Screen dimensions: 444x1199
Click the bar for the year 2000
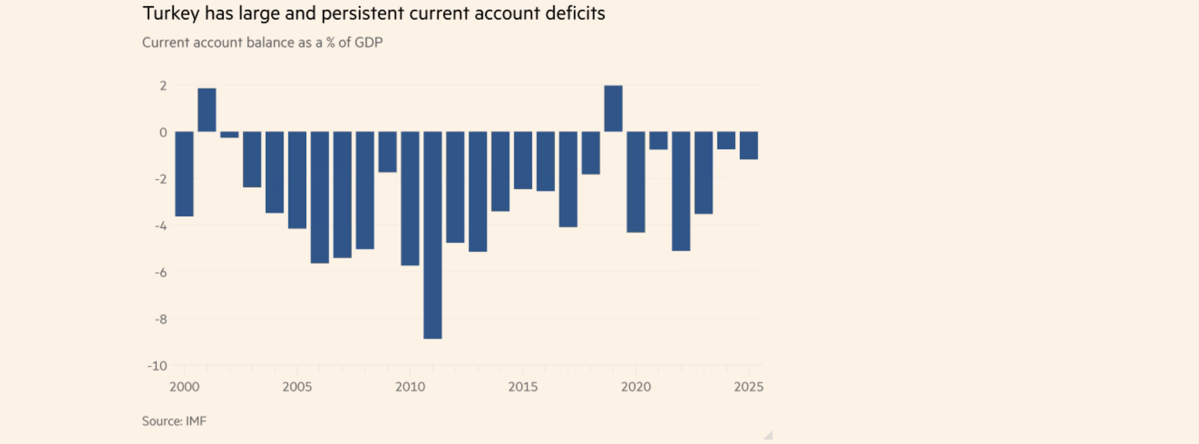click(184, 174)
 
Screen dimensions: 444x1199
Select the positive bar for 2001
click(207, 110)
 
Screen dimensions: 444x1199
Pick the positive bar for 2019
click(613, 109)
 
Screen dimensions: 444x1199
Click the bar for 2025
click(749, 145)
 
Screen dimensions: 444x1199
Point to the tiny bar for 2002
click(229, 135)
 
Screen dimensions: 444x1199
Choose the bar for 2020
click(636, 181)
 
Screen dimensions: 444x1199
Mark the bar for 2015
click(523, 160)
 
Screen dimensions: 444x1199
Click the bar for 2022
click(681, 191)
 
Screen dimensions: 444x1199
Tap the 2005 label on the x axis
click(297, 387)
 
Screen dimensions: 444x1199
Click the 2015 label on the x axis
click(523, 387)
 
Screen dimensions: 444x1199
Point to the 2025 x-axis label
click(748, 387)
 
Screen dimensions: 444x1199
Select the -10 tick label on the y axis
click(157, 366)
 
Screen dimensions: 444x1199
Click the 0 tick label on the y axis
click(163, 132)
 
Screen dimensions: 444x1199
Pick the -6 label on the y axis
click(160, 273)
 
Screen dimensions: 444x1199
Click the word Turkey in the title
click(170, 14)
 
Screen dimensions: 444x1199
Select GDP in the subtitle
click(368, 42)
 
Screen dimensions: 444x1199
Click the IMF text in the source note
click(196, 421)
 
